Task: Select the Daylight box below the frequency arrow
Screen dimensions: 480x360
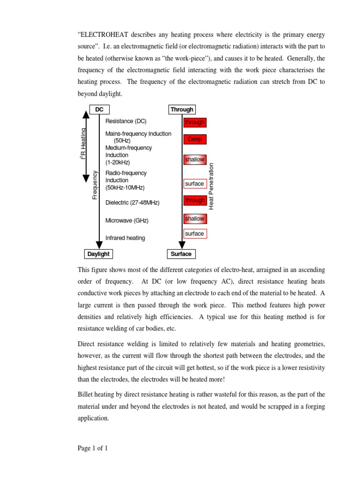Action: point(98,254)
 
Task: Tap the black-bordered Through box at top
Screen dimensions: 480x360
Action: point(182,110)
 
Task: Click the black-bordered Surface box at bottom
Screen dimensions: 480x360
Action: point(181,254)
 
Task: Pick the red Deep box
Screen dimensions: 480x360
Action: point(195,139)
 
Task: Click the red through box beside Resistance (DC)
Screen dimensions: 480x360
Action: point(195,122)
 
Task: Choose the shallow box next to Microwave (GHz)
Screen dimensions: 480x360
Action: point(195,218)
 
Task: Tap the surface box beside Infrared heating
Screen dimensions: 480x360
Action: point(195,233)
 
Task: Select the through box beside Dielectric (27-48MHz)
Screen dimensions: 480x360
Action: point(195,201)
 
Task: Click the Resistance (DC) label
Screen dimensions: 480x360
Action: point(126,121)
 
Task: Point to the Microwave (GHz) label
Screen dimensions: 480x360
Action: point(127,220)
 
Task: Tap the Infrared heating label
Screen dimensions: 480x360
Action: point(125,238)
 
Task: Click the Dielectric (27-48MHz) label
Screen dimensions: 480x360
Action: point(133,203)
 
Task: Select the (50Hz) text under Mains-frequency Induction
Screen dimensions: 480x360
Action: point(122,141)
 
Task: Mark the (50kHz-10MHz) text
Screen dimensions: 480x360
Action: point(125,187)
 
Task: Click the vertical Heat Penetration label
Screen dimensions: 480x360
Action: point(211,186)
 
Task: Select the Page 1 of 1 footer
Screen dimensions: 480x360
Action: point(93,449)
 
